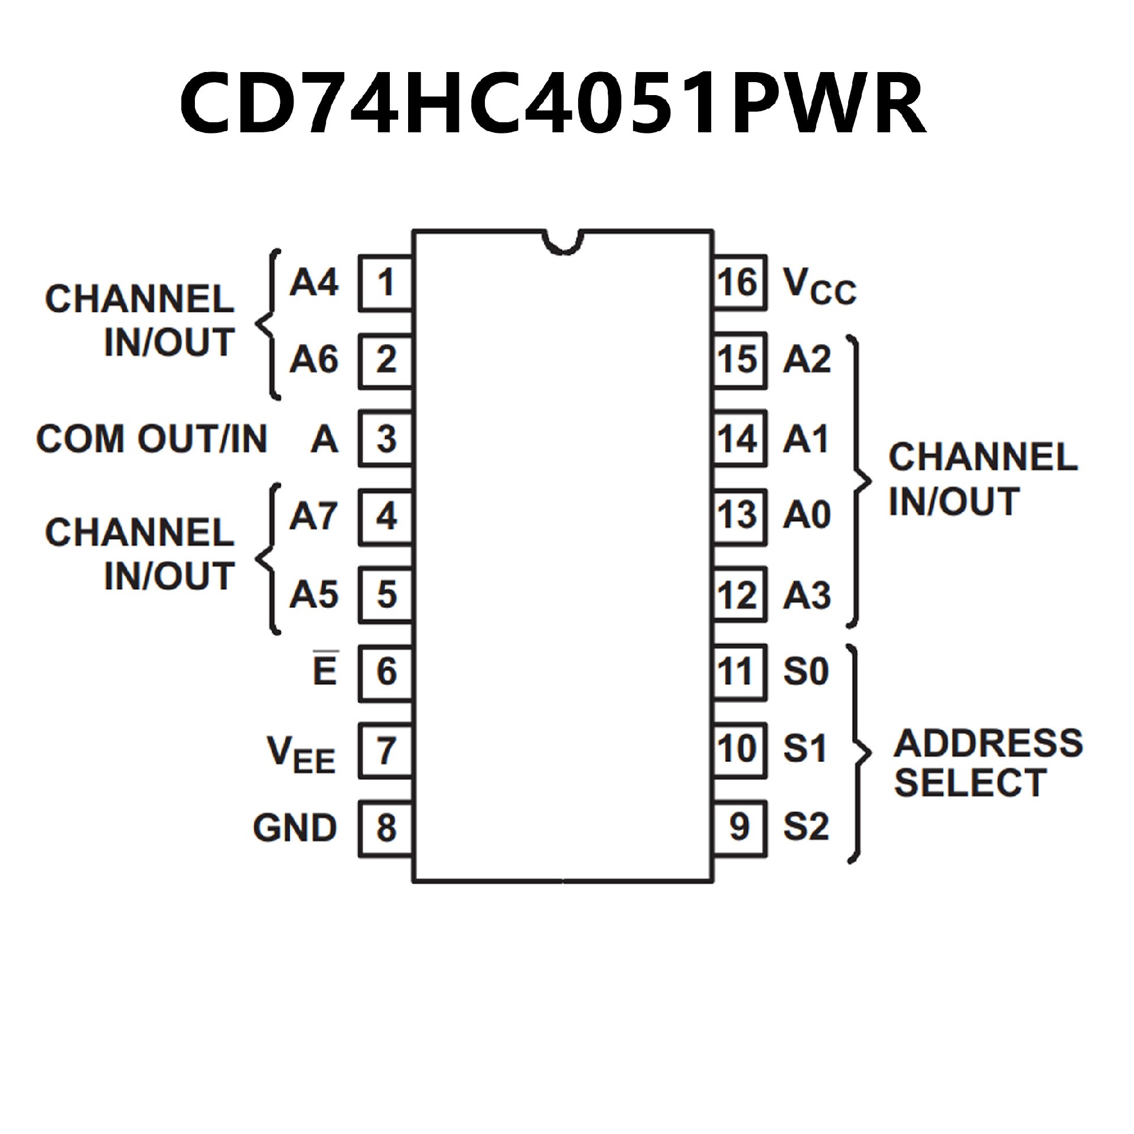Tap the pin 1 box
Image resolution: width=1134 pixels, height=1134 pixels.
pyautogui.click(x=386, y=283)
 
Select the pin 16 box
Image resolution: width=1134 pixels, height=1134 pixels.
pyautogui.click(x=739, y=283)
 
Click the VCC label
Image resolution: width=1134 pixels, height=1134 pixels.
pyautogui.click(x=819, y=286)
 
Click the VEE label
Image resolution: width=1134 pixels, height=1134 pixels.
pyautogui.click(x=301, y=754)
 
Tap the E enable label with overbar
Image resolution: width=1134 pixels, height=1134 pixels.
pyautogui.click(x=325, y=670)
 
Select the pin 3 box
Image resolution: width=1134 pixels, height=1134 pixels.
pyautogui.click(x=386, y=439)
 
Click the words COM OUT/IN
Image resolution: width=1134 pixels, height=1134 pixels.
pyautogui.click(x=152, y=439)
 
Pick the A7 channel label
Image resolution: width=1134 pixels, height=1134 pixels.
pyautogui.click(x=314, y=516)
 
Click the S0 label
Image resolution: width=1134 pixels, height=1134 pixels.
pyautogui.click(x=806, y=672)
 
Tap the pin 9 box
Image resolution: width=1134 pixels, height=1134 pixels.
pyautogui.click(x=739, y=827)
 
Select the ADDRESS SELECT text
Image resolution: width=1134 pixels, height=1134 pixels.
pyautogui.click(x=988, y=762)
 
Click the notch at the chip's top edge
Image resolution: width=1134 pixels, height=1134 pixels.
pyautogui.click(x=563, y=243)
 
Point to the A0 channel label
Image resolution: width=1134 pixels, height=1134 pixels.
pyautogui.click(x=807, y=515)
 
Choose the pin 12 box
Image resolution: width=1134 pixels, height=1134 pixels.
pyautogui.click(x=739, y=595)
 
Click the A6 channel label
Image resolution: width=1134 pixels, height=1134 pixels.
pyautogui.click(x=314, y=360)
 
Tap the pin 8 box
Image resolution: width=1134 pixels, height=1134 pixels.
pyautogui.click(x=386, y=827)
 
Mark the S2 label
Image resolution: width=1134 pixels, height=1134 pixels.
pyautogui.click(x=806, y=827)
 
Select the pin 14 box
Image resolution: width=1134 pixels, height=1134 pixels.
pyautogui.click(x=739, y=439)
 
